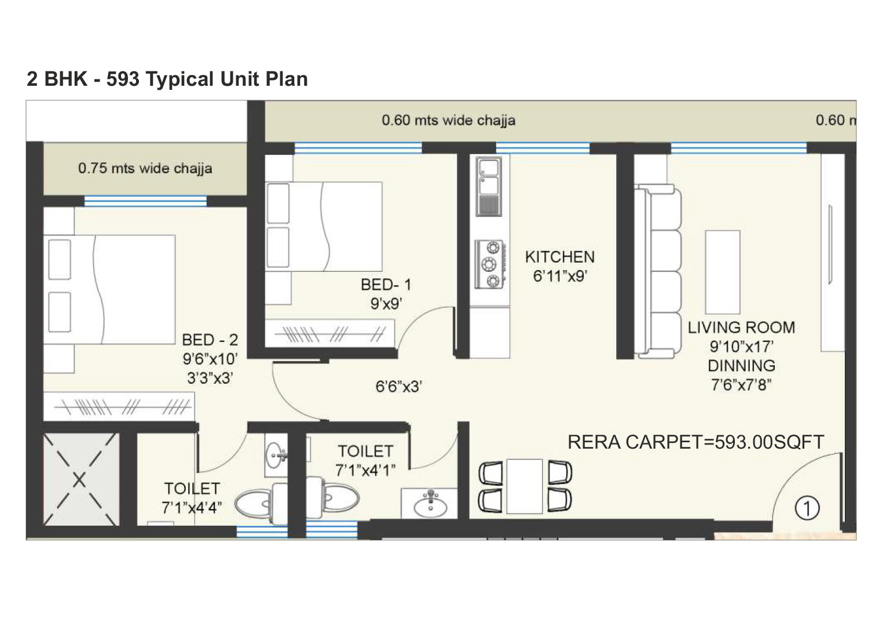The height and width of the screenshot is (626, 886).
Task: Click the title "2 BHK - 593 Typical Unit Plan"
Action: coord(167,79)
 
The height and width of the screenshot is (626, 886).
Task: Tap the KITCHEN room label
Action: coord(559,257)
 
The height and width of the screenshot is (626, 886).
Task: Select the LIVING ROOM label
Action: coord(741,327)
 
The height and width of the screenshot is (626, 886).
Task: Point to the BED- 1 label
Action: coord(386,285)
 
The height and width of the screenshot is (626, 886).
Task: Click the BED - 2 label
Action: coord(210,340)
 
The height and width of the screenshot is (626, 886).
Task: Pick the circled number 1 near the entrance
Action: coord(807,508)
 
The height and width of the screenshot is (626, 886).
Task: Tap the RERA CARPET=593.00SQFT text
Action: coord(695,442)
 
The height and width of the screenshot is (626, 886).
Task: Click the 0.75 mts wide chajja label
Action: coord(145,168)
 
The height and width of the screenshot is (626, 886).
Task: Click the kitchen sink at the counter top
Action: coord(489,187)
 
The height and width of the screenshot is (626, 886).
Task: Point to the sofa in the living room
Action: coord(658,272)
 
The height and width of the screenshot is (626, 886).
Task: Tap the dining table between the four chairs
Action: coord(525,486)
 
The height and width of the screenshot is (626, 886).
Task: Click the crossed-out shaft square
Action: coord(80,479)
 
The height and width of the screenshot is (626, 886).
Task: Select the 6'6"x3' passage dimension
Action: coord(398,387)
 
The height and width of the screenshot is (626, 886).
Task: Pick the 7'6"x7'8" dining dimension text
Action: coord(741,385)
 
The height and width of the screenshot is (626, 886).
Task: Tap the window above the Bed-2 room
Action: coord(145,201)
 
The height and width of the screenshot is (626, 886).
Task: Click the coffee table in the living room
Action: coord(723,272)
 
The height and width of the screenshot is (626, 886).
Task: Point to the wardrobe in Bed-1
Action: coord(329,333)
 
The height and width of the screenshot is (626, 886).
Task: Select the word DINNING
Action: coord(741,366)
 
